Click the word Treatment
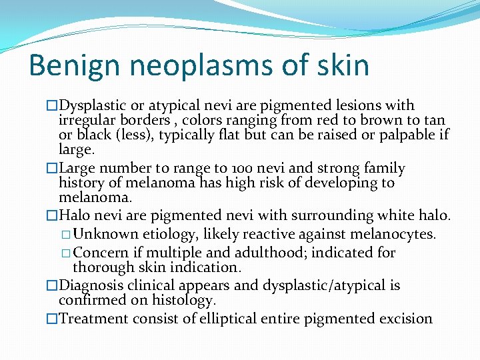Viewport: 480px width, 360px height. click(x=94, y=319)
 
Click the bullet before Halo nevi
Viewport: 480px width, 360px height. click(x=52, y=216)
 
